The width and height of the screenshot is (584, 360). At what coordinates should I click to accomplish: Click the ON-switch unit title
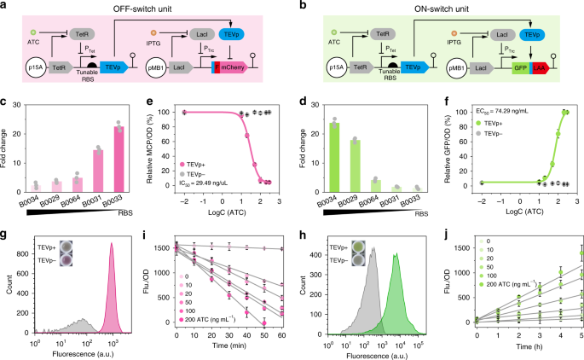442,8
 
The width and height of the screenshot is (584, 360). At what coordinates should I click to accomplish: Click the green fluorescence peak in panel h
396,290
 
